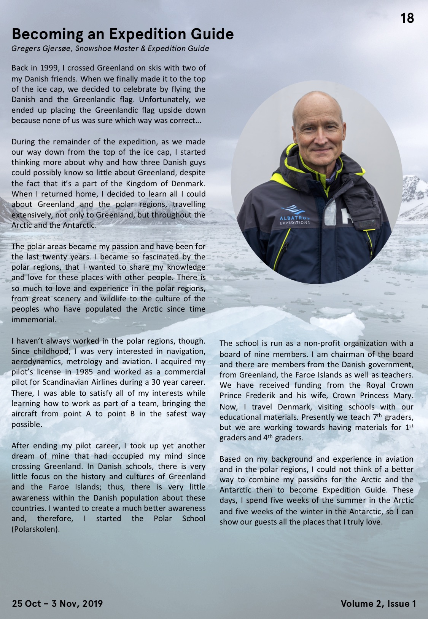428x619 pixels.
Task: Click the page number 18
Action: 407,18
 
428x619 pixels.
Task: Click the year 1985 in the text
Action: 84,372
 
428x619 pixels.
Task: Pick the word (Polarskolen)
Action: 36,529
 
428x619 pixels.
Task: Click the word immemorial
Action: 34,320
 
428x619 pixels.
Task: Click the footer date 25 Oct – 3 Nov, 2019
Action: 57,603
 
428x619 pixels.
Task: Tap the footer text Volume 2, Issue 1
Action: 378,603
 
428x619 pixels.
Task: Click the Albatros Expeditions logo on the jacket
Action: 294,215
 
